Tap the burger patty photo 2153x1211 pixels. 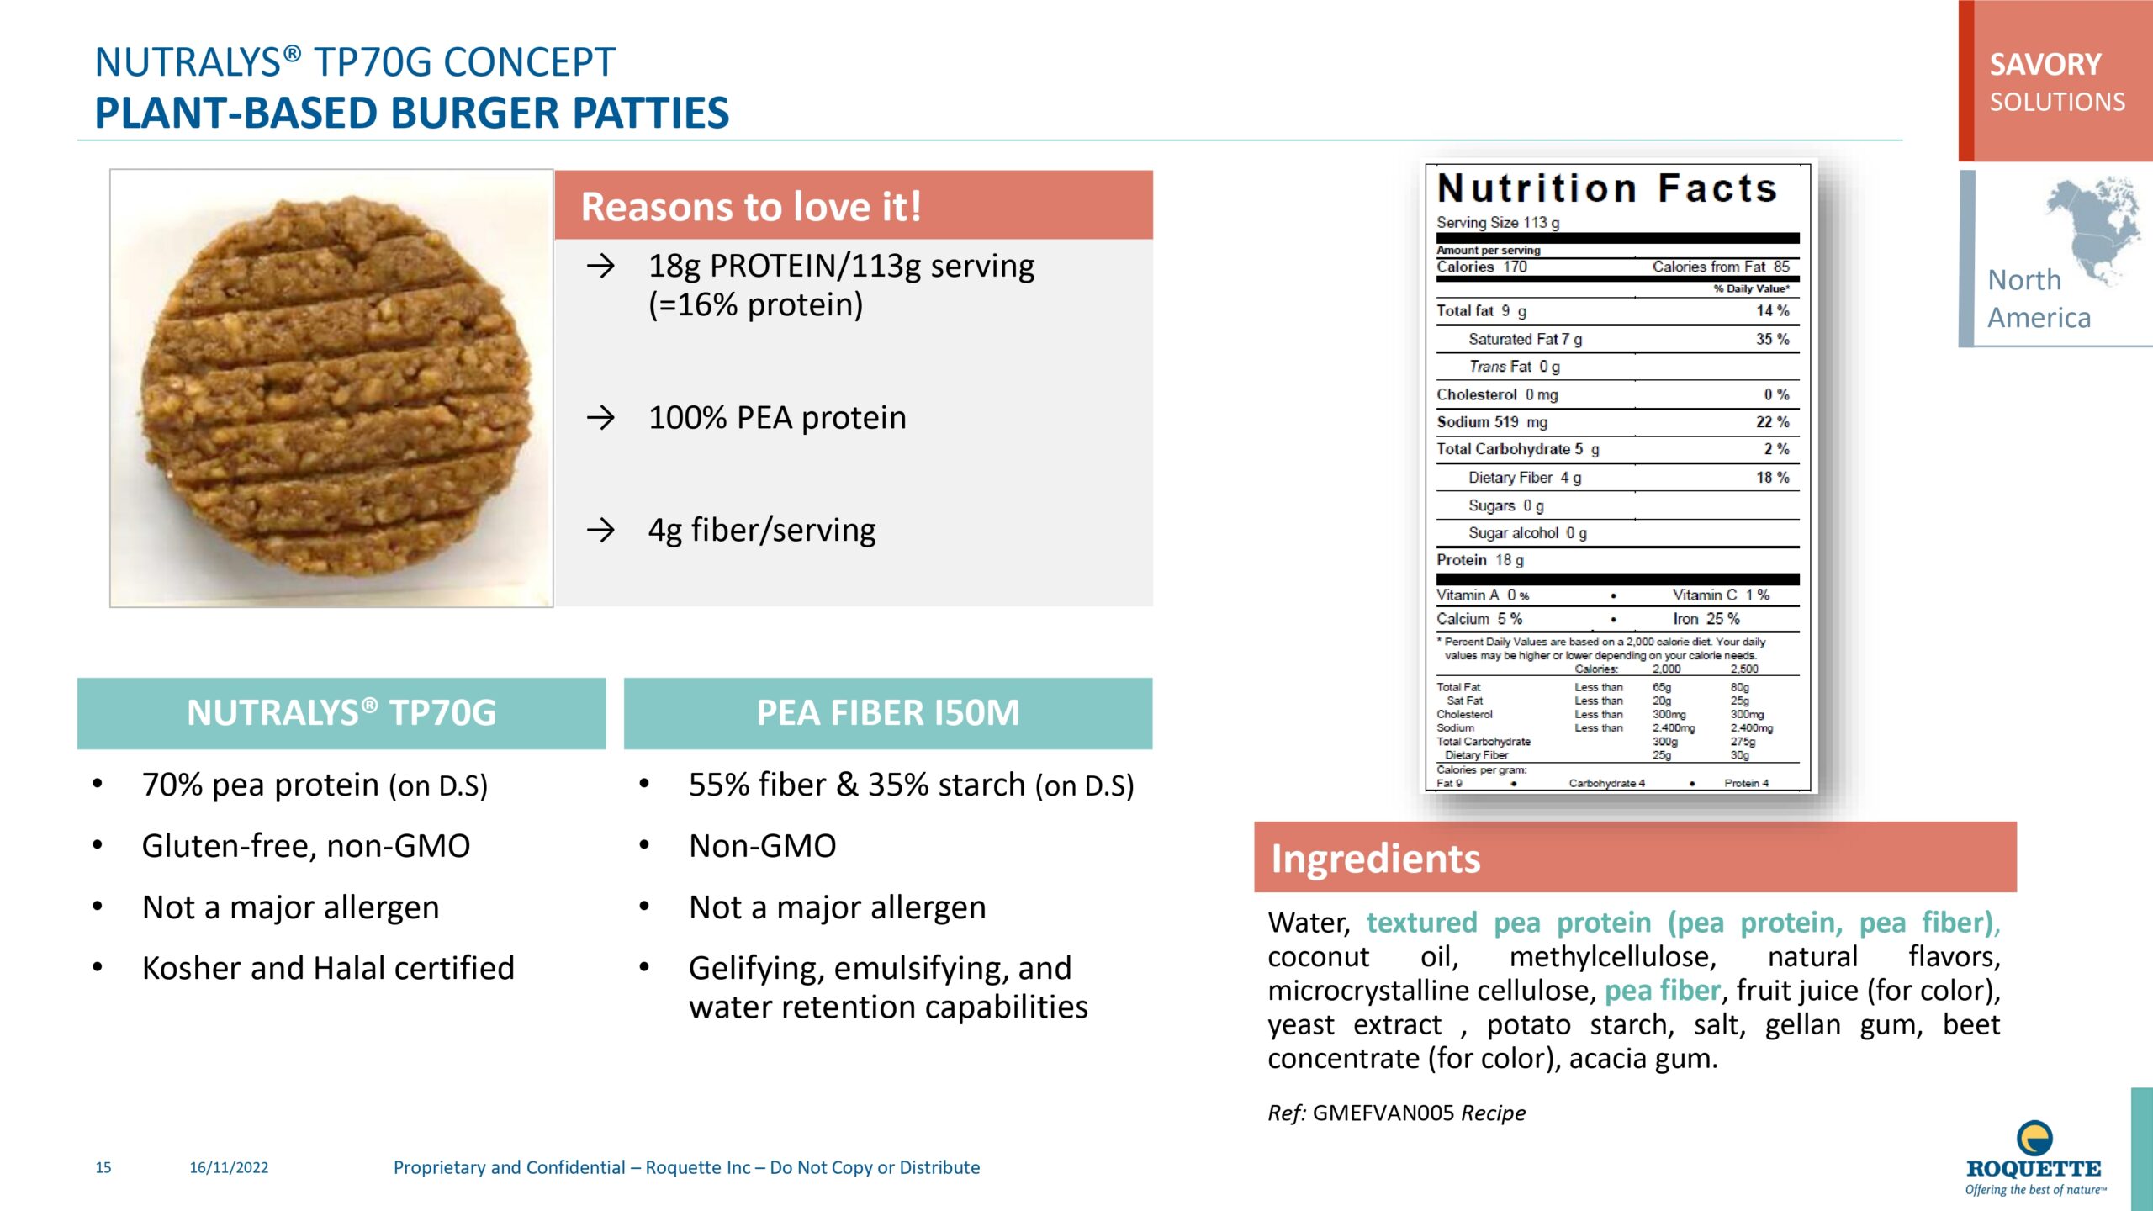(x=331, y=388)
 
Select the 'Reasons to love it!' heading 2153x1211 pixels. (x=751, y=206)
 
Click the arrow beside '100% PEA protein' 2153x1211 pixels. (x=600, y=417)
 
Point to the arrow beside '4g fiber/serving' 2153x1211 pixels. (x=600, y=530)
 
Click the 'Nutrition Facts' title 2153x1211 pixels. (x=1607, y=188)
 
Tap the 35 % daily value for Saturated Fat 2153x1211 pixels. (x=1772, y=339)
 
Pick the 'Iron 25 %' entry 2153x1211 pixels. (x=1706, y=619)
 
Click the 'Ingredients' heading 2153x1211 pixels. (x=1376, y=859)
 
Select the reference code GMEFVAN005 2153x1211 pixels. (x=1383, y=1113)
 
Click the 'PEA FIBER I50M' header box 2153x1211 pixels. (x=888, y=713)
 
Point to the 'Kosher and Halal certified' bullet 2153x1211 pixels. (x=328, y=968)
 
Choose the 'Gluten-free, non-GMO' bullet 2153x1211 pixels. (x=306, y=846)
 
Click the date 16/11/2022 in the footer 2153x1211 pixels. (x=229, y=1167)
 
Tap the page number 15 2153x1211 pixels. (x=103, y=1167)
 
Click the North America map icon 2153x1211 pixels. (x=2093, y=230)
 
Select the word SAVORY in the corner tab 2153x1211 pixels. (x=2045, y=65)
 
